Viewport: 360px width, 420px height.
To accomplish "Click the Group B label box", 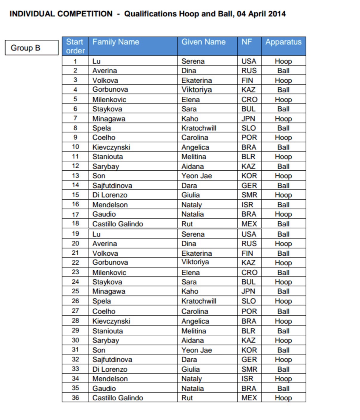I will [x=31, y=48].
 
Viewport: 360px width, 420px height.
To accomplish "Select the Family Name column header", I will [x=116, y=42].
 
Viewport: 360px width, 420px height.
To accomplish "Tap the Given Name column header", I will [x=204, y=42].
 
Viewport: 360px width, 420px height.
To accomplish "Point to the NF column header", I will [x=247, y=42].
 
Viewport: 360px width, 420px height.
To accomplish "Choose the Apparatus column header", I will [x=283, y=42].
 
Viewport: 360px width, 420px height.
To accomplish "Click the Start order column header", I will [x=75, y=46].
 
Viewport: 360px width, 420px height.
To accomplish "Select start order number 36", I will [x=76, y=398].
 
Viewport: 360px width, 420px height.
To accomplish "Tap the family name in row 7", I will [x=109, y=119].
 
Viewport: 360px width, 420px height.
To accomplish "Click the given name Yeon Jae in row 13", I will [x=196, y=176].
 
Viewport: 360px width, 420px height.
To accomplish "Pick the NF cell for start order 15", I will [x=249, y=195].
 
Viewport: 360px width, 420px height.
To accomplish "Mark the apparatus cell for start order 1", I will [x=283, y=61].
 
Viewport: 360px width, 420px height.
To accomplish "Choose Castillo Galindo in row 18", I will [x=118, y=224].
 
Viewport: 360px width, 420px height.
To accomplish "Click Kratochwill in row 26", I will [x=199, y=301].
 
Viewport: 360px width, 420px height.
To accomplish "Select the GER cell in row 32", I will [x=249, y=360].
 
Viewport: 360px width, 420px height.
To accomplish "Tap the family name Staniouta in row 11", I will [x=107, y=157].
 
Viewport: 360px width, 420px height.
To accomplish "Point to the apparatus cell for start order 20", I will [x=283, y=244].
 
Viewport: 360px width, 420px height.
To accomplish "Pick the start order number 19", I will [x=76, y=234].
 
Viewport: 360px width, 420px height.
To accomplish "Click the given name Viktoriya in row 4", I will [x=196, y=90].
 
